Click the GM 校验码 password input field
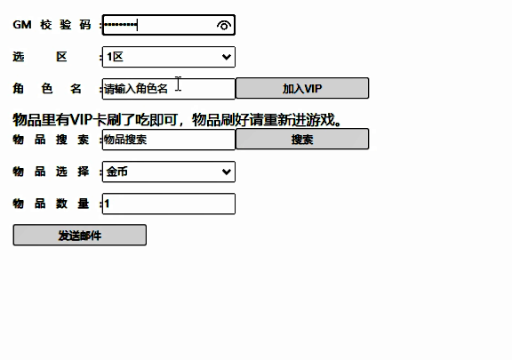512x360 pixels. (x=169, y=25)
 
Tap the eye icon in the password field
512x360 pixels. (x=224, y=25)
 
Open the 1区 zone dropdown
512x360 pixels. (x=169, y=57)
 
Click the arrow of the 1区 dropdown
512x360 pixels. (x=227, y=57)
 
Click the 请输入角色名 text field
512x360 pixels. (x=169, y=89)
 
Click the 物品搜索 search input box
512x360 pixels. (x=169, y=140)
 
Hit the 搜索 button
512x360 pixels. (x=302, y=139)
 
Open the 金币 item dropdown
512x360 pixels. (x=169, y=172)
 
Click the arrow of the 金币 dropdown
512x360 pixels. (x=227, y=172)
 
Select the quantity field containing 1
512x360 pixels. (x=169, y=204)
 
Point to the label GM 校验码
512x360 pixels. (x=52, y=25)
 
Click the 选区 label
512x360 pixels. (x=40, y=57)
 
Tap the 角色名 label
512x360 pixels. (x=47, y=89)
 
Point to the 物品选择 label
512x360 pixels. (x=51, y=172)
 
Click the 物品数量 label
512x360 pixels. (x=51, y=204)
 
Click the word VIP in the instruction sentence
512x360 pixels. (x=81, y=120)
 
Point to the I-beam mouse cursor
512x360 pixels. (x=179, y=84)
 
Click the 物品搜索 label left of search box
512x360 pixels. (x=51, y=140)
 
